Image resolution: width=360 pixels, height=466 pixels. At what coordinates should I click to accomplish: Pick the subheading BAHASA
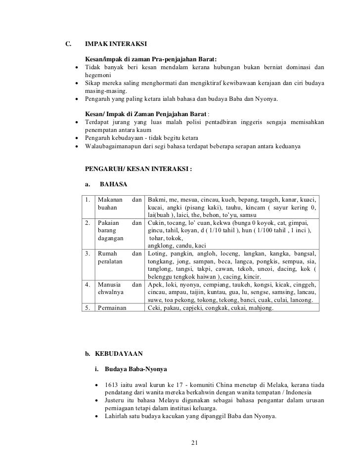point(113,184)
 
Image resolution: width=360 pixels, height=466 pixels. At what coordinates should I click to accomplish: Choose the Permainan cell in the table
point(112,307)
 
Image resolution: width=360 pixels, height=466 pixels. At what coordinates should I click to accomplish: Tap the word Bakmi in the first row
point(157,199)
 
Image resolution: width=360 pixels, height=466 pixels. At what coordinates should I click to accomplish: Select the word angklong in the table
point(161,246)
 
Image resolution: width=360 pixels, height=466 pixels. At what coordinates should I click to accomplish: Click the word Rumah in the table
point(108,253)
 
